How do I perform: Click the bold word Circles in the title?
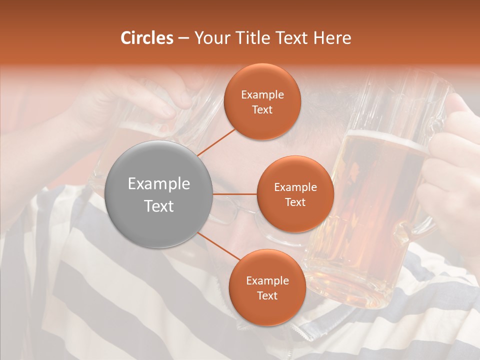pyautogui.click(x=147, y=38)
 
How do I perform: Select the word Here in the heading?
pyautogui.click(x=332, y=38)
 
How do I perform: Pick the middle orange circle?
pyautogui.click(x=295, y=194)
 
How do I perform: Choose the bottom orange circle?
pyautogui.click(x=267, y=287)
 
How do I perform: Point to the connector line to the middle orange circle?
pyautogui.click(x=235, y=194)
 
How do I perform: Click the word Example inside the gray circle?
pyautogui.click(x=159, y=184)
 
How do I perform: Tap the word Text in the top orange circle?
pyautogui.click(x=262, y=109)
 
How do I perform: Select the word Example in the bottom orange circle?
pyautogui.click(x=267, y=280)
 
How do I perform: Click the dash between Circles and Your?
pyautogui.click(x=183, y=38)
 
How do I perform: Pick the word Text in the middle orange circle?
pyautogui.click(x=295, y=202)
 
